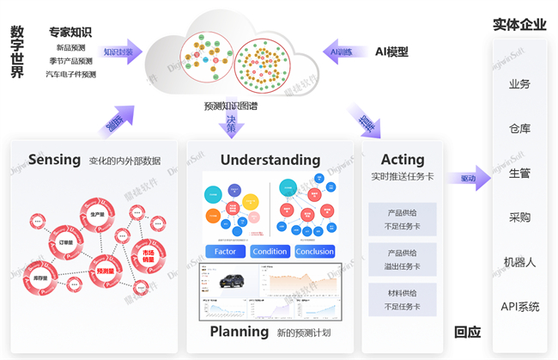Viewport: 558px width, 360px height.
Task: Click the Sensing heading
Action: click(x=54, y=159)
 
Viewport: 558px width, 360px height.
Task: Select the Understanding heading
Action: click(x=270, y=160)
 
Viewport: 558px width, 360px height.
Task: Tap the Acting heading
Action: click(x=403, y=159)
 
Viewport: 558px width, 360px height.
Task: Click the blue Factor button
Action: click(x=225, y=252)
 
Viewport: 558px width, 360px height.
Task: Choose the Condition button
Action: click(x=270, y=252)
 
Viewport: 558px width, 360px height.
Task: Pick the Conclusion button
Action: click(x=315, y=252)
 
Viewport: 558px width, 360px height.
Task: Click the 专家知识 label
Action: click(x=70, y=33)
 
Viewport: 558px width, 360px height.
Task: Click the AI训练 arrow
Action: click(x=344, y=52)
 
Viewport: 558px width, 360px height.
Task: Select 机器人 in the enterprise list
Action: click(x=519, y=262)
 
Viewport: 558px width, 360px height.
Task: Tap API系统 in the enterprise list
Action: click(x=519, y=307)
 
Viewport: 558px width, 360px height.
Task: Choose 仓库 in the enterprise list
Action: click(x=519, y=129)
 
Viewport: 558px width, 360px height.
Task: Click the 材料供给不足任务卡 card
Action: click(x=403, y=300)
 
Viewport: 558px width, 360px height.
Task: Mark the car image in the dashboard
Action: click(x=231, y=280)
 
